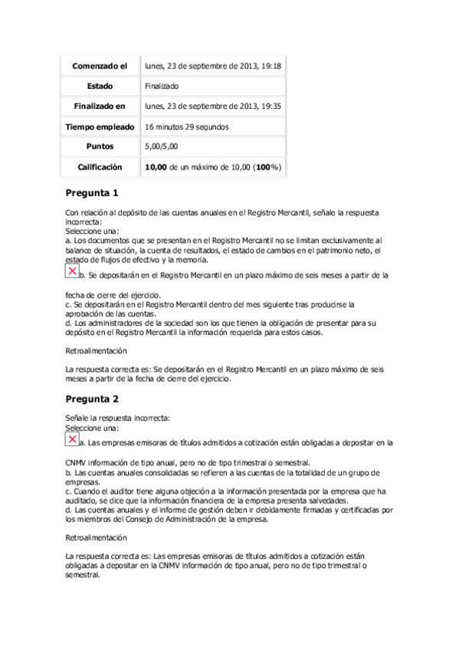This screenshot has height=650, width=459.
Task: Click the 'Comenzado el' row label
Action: click(100, 67)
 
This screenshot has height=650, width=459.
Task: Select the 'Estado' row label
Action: click(100, 87)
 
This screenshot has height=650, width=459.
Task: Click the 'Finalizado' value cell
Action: click(162, 87)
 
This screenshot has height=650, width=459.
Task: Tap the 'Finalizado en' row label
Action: click(100, 107)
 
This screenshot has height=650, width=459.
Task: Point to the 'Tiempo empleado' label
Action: click(100, 126)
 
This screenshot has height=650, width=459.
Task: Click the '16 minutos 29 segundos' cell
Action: click(186, 126)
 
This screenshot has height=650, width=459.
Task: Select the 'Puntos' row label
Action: click(100, 146)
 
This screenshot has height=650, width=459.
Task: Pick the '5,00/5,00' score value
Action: click(162, 146)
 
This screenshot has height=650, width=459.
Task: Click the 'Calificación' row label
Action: click(100, 166)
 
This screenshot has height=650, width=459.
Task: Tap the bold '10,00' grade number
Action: click(156, 166)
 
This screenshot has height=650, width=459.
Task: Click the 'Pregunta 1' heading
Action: click(92, 192)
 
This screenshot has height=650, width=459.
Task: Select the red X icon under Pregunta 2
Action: click(72, 439)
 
